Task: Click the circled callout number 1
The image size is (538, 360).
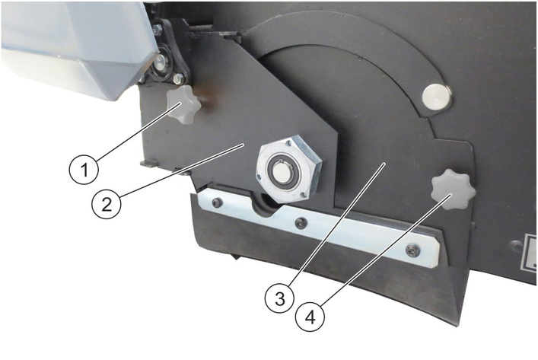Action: [84, 170]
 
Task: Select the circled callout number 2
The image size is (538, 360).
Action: [107, 205]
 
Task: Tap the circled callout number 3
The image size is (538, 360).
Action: [280, 298]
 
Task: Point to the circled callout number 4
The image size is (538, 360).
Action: [310, 318]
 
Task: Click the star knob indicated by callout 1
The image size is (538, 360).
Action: [183, 105]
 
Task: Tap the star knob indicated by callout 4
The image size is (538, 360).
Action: [454, 190]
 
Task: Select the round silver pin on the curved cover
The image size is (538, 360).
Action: [437, 97]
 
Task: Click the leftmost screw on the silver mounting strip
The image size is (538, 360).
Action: [216, 203]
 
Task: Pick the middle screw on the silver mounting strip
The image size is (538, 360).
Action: [301, 224]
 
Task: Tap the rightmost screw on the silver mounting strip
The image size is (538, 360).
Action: [412, 250]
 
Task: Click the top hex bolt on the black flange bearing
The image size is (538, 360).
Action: [158, 29]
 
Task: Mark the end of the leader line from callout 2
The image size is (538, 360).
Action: [243, 145]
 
